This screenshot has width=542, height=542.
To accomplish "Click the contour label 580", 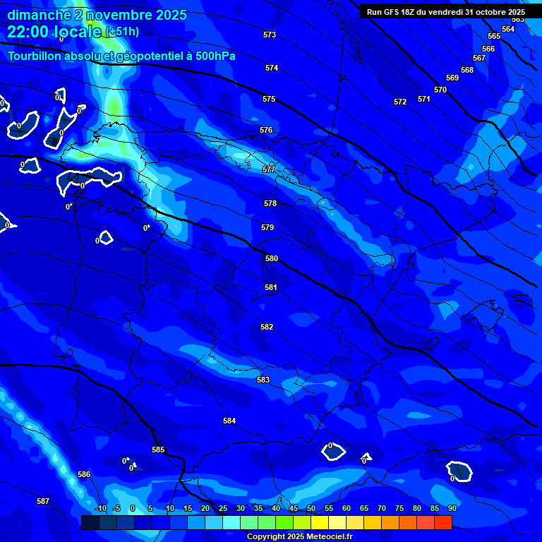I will pyautogui.click(x=272, y=258).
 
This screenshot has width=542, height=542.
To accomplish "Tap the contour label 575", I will pyautogui.click(x=269, y=99).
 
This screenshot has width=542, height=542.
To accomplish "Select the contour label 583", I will pyautogui.click(x=263, y=380).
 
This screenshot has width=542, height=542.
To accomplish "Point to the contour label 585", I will pyautogui.click(x=158, y=450).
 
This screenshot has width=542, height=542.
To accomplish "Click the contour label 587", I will pyautogui.click(x=43, y=501).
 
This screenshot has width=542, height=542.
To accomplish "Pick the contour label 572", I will pyautogui.click(x=400, y=102).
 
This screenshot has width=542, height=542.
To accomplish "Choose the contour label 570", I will pyautogui.click(x=440, y=90).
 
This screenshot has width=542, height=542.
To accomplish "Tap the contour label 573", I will pyautogui.click(x=270, y=35).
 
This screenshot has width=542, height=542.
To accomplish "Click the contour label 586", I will pyautogui.click(x=84, y=474).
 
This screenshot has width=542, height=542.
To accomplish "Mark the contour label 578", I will pyautogui.click(x=270, y=203).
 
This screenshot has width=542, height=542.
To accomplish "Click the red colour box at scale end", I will pyautogui.click(x=442, y=522).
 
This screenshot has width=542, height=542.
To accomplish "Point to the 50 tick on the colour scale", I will pyautogui.click(x=311, y=508).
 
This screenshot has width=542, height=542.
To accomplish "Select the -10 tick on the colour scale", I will pyautogui.click(x=100, y=508).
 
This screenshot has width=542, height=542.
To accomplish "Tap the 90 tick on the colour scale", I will pyautogui.click(x=452, y=508).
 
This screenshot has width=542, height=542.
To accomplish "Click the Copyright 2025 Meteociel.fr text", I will pyautogui.click(x=299, y=536).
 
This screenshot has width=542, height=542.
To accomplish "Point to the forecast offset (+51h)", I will pyautogui.click(x=122, y=32).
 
